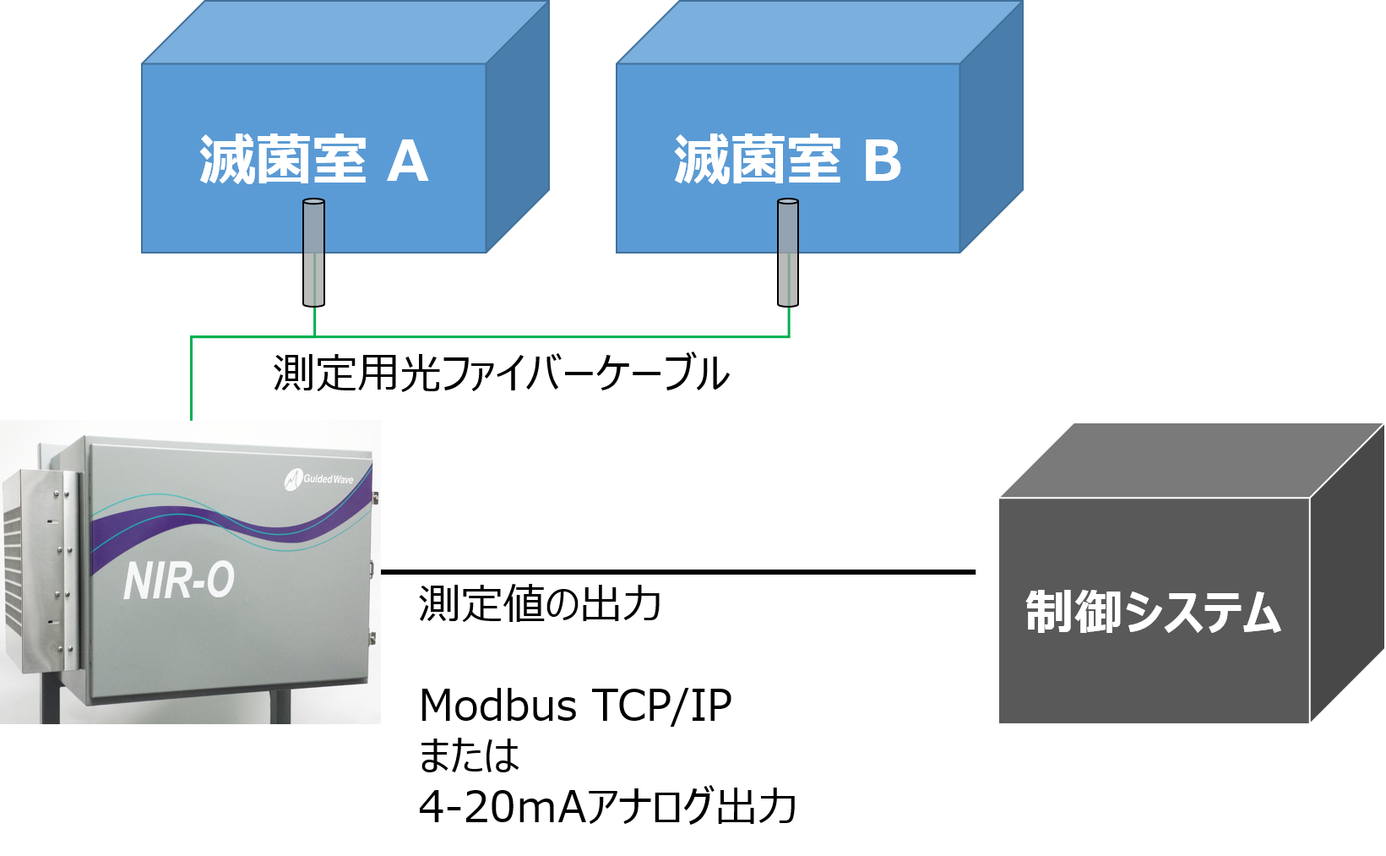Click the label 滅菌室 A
313,161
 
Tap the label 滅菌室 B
787,161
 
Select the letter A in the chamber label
408,161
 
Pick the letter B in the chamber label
883,161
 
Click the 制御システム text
1153,613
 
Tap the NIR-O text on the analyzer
178,581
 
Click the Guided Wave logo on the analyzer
318,479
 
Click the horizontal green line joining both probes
549,337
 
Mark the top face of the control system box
1191,461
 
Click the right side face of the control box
1347,575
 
